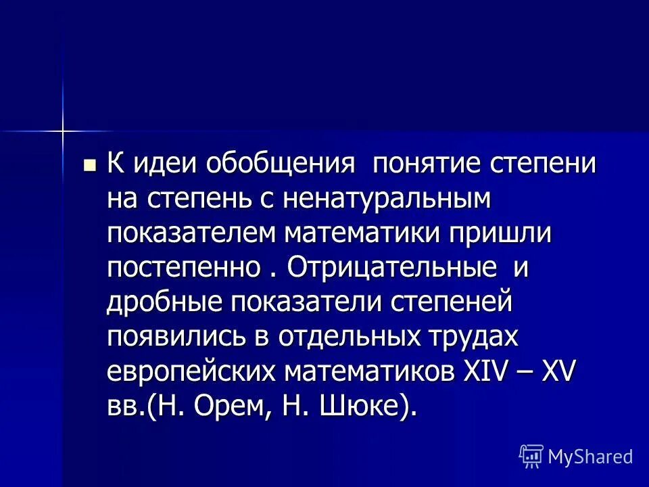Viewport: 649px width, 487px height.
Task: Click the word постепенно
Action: click(182, 269)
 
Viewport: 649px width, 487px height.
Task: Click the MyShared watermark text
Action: click(590, 457)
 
